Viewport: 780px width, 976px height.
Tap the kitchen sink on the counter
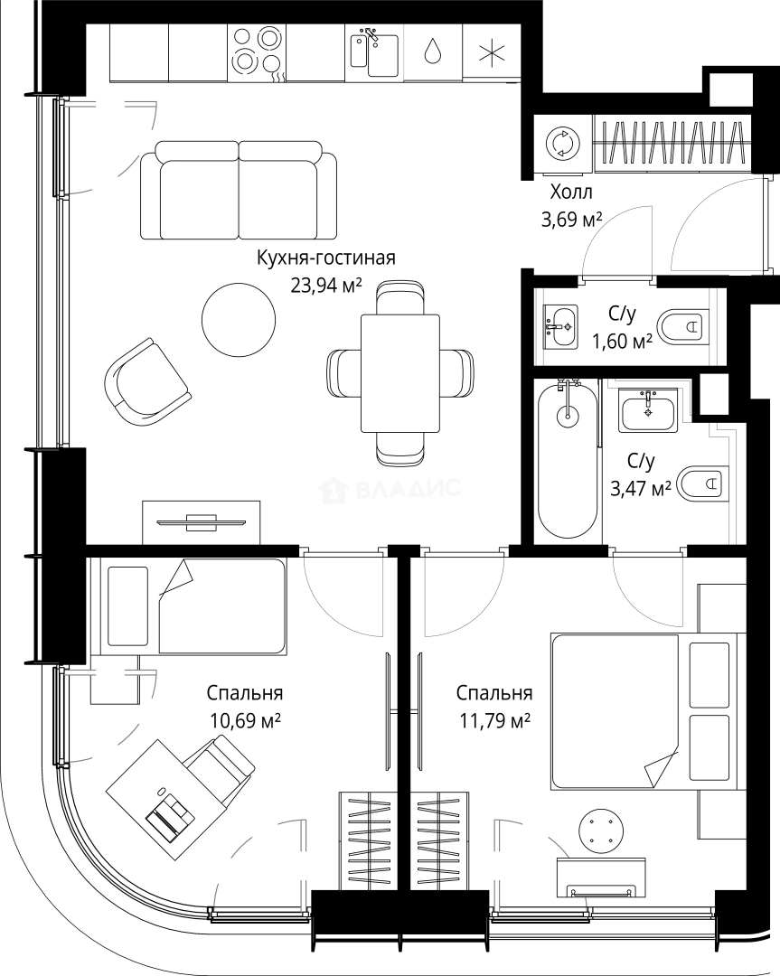pos(374,52)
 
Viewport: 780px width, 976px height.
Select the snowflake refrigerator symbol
pos(492,52)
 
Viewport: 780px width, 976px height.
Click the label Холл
pos(571,192)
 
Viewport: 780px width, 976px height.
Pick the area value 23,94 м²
pos(325,285)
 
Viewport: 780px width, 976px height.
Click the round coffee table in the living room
pos(239,319)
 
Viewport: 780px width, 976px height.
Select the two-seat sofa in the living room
pos(239,191)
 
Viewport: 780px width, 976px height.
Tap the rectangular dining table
pos(400,373)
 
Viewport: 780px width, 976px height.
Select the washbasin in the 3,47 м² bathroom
pos(647,410)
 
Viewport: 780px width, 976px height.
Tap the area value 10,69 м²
pos(245,721)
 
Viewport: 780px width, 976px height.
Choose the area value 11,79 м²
pos(495,721)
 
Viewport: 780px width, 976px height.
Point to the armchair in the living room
pos(147,381)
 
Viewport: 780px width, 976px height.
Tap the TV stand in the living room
pos(202,521)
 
